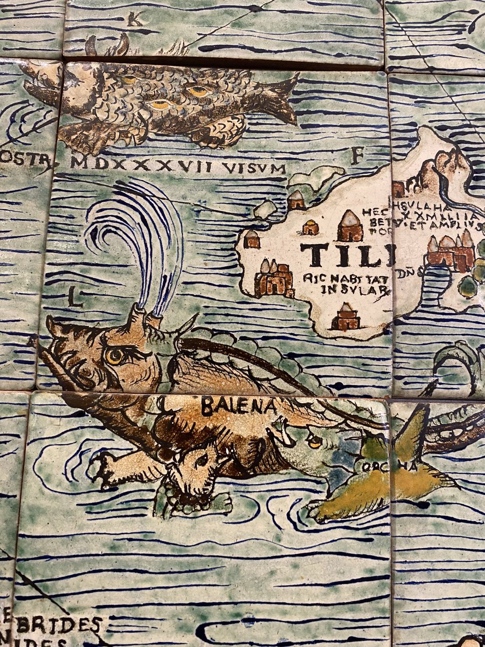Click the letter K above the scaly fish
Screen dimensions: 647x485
[x=134, y=20]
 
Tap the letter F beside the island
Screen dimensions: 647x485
[x=356, y=156]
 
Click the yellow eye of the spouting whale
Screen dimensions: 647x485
[x=115, y=355]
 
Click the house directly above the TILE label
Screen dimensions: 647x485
[x=350, y=226]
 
